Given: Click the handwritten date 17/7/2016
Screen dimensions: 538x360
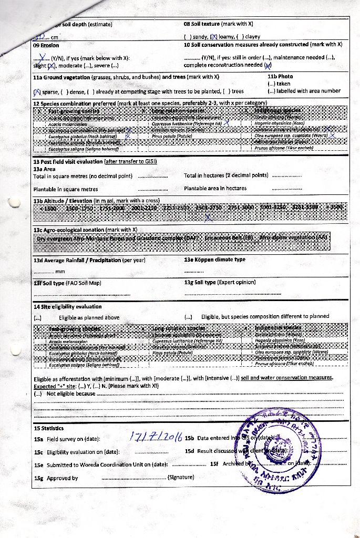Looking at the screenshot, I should coord(156,437).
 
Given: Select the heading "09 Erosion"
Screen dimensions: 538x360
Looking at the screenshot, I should coord(46,45).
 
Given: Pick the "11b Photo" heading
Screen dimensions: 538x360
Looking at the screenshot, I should coord(280,77).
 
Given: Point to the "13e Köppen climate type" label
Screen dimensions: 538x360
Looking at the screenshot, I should coord(215,260).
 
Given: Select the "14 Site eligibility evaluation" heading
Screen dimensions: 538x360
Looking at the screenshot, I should coord(68,306).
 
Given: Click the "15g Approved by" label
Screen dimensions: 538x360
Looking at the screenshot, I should coord(56,478).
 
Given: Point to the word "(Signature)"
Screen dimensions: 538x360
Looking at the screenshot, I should coord(180,477).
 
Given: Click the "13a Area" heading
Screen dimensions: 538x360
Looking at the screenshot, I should coord(44,169).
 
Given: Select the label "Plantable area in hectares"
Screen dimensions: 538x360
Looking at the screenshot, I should coord(215,188).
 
